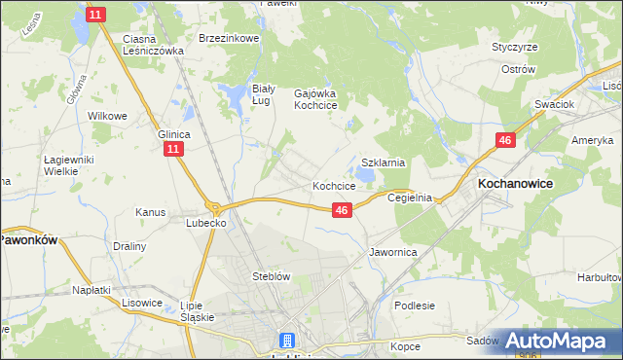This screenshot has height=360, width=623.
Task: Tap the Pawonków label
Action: tap(28, 237)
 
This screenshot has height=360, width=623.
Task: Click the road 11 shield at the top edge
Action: tap(95, 15)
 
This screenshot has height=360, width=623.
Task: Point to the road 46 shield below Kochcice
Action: tap(342, 209)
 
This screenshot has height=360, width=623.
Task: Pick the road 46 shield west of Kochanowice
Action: tap(504, 141)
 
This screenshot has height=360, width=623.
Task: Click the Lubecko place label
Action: tap(206, 222)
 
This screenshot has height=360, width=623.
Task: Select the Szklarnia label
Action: tap(383, 162)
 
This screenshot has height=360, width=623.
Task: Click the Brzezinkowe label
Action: tap(228, 38)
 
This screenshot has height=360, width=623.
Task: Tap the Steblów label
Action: tap(272, 276)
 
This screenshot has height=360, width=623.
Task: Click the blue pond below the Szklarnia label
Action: tap(364, 176)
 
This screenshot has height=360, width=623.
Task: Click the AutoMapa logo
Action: tap(558, 341)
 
